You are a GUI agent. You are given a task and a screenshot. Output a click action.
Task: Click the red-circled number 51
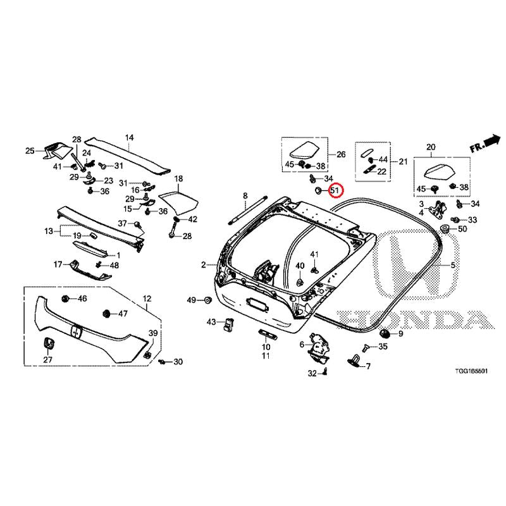(335, 190)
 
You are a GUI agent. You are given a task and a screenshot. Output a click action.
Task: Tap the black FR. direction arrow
(492, 141)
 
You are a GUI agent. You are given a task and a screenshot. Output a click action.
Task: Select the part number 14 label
(129, 138)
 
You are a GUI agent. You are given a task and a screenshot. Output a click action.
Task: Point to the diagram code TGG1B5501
(471, 371)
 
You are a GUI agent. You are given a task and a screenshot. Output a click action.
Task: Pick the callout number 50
(462, 229)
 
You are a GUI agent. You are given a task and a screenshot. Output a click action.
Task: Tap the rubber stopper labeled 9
(386, 333)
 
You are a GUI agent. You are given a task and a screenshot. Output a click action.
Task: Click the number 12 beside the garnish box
(147, 299)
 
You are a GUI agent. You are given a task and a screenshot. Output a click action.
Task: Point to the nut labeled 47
(106, 313)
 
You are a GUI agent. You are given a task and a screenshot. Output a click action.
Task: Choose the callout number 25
(30, 151)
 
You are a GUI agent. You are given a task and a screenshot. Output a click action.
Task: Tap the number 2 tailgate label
(203, 265)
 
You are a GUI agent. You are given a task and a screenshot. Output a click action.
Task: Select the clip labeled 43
(228, 324)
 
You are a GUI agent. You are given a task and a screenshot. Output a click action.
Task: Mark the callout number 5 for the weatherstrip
(453, 265)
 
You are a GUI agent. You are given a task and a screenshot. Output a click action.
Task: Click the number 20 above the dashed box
(431, 147)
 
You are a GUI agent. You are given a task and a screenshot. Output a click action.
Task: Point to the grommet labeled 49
(207, 300)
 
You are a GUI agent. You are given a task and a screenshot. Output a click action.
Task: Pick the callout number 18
(178, 178)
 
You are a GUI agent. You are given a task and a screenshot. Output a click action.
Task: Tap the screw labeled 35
(366, 348)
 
